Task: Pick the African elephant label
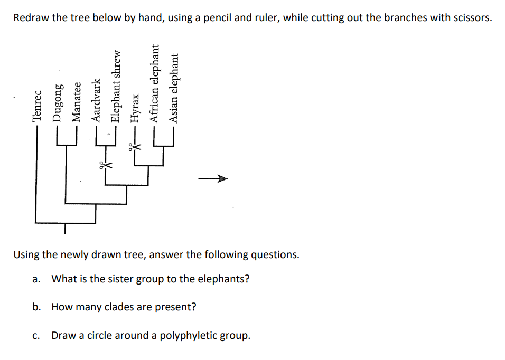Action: click(155, 84)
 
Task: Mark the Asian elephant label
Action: click(174, 88)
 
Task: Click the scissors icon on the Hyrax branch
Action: click(133, 146)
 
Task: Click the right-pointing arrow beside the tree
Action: click(213, 179)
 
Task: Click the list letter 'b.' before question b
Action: click(36, 307)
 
